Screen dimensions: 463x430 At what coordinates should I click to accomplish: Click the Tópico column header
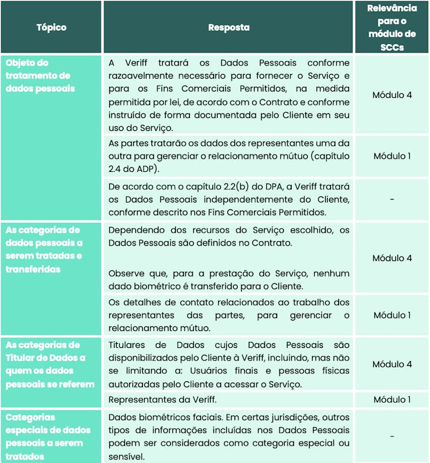(52, 27)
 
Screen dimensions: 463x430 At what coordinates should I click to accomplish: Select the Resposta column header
(229, 27)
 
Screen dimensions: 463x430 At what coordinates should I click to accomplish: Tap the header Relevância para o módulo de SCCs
(392, 27)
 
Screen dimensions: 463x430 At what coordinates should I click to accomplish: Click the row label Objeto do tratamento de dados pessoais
(38, 76)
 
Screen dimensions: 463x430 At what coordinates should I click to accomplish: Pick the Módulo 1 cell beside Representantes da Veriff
(392, 399)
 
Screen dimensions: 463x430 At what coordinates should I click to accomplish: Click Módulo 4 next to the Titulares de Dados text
(392, 365)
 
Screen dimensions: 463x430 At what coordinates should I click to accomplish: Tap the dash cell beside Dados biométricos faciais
(392, 436)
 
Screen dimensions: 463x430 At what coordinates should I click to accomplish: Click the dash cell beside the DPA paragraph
(392, 199)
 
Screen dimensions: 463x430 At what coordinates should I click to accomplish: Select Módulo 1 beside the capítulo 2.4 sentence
(392, 156)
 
